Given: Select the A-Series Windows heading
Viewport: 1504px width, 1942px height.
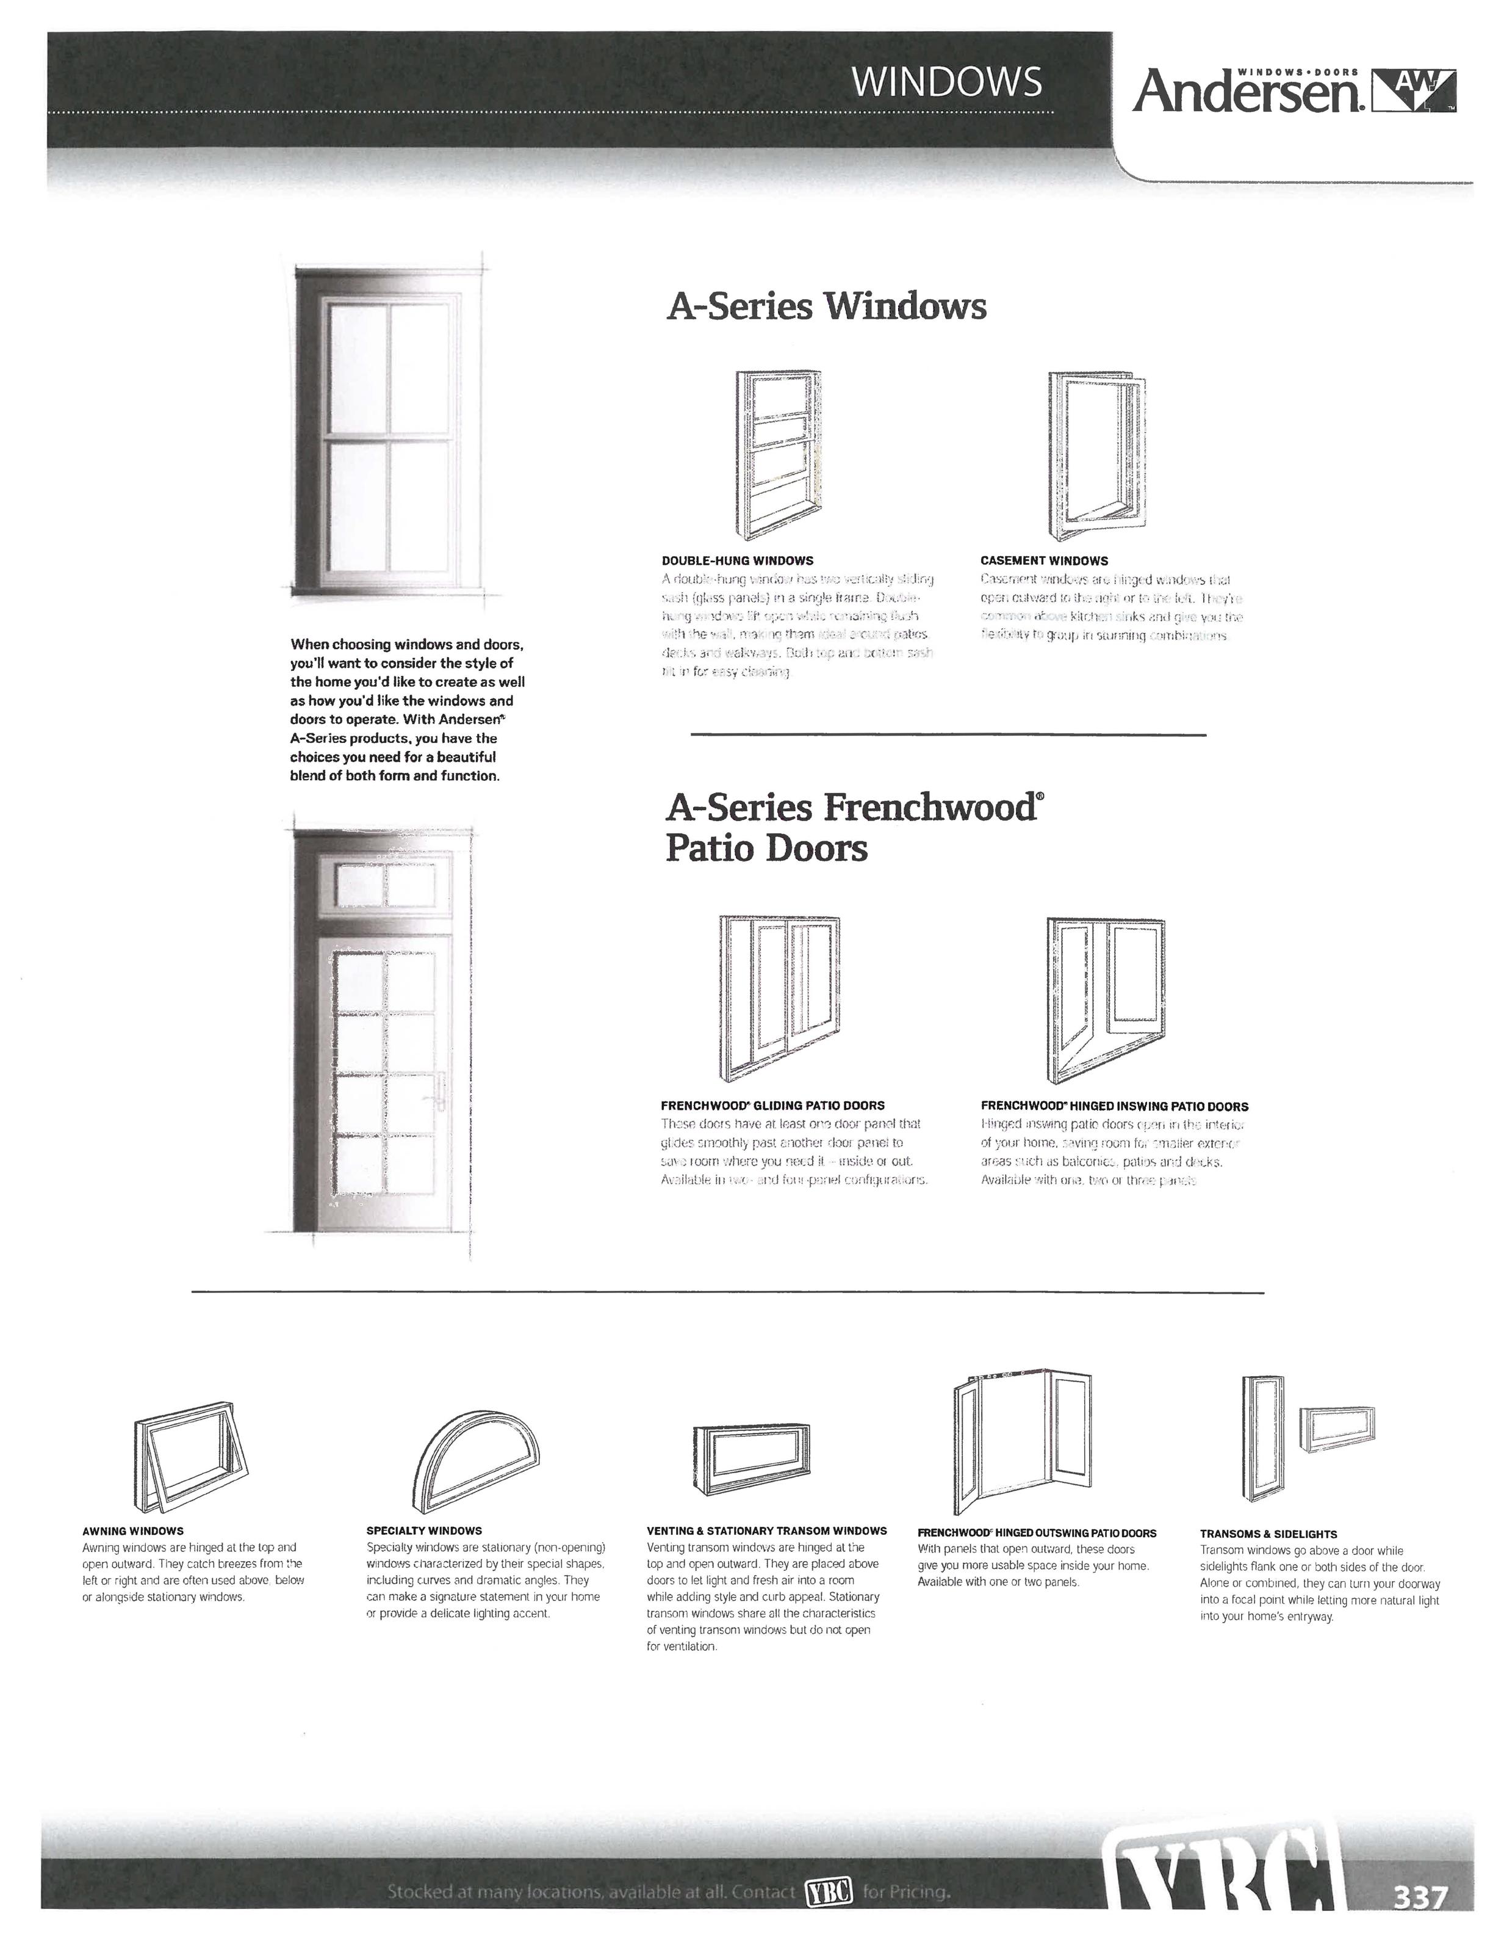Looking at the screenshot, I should [826, 306].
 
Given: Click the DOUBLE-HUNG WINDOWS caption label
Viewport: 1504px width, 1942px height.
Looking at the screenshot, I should [737, 561].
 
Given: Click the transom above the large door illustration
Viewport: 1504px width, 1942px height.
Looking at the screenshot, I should [386, 885].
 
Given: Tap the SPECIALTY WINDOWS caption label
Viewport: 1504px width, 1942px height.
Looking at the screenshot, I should [424, 1531].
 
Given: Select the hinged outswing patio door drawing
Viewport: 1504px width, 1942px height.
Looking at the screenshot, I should [1021, 1441].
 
